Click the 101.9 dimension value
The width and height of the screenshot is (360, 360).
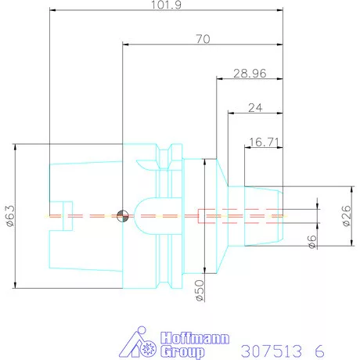click(166, 5)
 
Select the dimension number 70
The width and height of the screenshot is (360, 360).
click(203, 39)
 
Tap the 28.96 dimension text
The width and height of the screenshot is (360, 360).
click(250, 74)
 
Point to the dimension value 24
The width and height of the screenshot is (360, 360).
click(255, 108)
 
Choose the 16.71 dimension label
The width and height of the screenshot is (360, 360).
click(265, 142)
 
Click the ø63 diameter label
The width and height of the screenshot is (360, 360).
click(11, 216)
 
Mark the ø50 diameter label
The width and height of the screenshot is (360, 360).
click(200, 290)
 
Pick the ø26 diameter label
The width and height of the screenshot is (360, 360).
click(347, 216)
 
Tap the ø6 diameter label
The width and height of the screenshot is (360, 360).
click(312, 242)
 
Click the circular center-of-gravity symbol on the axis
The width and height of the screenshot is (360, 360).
click(122, 216)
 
